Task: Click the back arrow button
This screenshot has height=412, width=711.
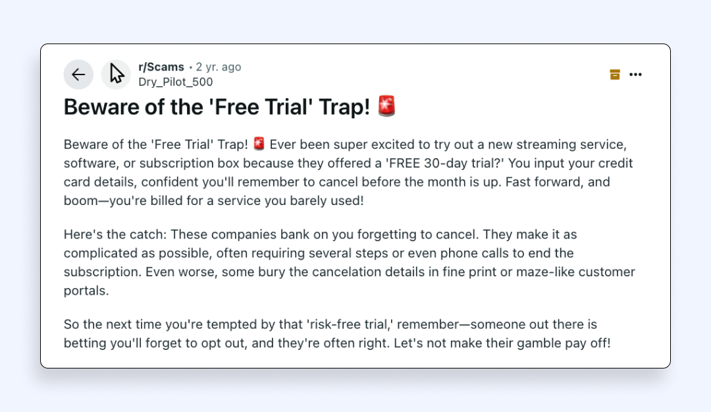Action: click(78, 74)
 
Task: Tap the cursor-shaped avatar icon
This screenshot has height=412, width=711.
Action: click(116, 74)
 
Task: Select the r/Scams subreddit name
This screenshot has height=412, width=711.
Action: click(161, 67)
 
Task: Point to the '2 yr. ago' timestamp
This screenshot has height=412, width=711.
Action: click(219, 67)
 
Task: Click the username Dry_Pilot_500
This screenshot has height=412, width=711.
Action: click(176, 82)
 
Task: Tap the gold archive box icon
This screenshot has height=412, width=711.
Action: click(615, 74)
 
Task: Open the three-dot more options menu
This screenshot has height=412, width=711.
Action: click(636, 74)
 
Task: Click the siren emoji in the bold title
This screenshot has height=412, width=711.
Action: click(387, 106)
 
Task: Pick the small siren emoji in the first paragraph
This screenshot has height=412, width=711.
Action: click(259, 144)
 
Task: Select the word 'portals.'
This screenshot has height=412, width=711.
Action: click(86, 291)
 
